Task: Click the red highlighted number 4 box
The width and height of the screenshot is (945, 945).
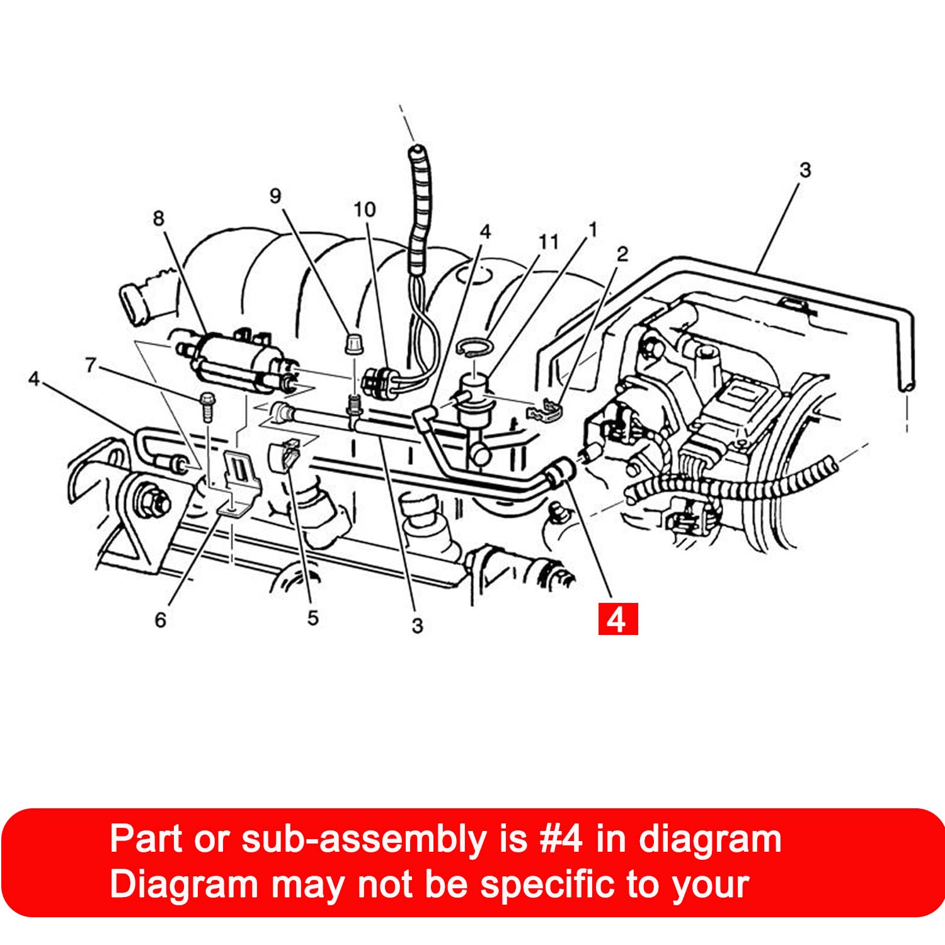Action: (x=617, y=619)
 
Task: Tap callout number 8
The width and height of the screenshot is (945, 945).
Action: (x=158, y=218)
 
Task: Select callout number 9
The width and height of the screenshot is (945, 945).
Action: (x=275, y=195)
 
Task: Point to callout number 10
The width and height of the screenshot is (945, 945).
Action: (x=365, y=209)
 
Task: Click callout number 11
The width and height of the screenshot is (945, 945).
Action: (x=549, y=241)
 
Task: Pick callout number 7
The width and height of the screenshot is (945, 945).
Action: (x=91, y=365)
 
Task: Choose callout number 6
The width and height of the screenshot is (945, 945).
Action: (x=161, y=620)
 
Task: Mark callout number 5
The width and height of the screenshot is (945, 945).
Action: (x=313, y=618)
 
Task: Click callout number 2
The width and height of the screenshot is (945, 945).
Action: (x=622, y=254)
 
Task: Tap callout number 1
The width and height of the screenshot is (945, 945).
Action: (x=592, y=230)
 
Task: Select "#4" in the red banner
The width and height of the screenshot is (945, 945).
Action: (x=561, y=839)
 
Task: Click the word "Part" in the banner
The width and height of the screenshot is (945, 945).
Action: (x=146, y=839)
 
